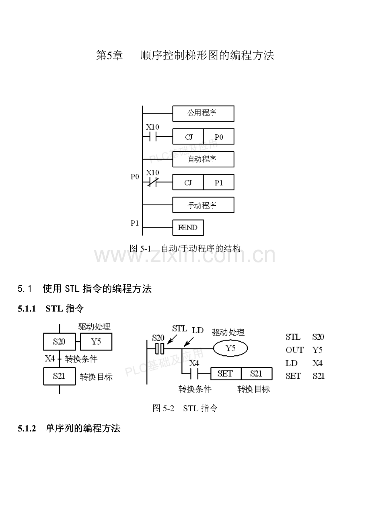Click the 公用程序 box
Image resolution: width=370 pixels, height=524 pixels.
point(203,113)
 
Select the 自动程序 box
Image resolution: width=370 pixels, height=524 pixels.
point(203,159)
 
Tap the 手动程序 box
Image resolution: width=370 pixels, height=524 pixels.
point(203,205)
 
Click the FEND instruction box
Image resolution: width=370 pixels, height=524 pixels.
point(188,228)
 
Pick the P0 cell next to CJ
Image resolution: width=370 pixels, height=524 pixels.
point(218,137)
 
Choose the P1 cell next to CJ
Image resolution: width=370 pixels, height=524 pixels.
point(218,183)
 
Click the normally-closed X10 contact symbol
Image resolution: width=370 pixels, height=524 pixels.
point(152,183)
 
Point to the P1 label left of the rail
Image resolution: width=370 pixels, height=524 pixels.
point(135,223)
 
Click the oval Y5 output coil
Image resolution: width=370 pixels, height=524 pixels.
point(230,348)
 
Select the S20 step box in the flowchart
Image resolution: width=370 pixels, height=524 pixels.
point(59,342)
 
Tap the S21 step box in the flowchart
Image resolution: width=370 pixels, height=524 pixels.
point(59,377)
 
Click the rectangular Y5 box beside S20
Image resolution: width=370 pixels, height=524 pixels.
point(96,342)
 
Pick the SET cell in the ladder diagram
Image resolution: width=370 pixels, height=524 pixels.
point(225,373)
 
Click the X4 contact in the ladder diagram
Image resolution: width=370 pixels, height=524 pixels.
point(194,373)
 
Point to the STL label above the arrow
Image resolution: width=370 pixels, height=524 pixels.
point(179,328)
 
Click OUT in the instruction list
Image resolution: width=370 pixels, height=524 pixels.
point(294,350)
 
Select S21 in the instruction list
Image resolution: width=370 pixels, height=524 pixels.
point(319,376)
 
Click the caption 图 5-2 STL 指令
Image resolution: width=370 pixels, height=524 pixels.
point(185,408)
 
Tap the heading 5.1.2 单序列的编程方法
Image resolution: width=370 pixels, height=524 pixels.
point(69,429)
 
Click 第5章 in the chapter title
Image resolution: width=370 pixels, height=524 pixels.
point(109,56)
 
